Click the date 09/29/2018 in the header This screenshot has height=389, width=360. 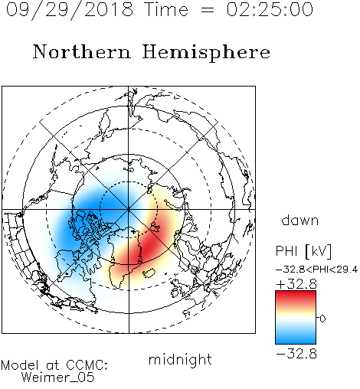tap(70, 10)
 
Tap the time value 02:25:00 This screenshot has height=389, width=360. tap(270, 9)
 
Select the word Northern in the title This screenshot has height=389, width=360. tap(82, 52)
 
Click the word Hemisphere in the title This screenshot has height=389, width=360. tap(206, 53)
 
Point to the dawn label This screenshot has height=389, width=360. tap(300, 221)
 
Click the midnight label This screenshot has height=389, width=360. tap(180, 360)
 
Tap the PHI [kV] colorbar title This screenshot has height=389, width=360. tap(304, 251)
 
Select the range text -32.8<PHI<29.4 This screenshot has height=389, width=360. tap(316, 270)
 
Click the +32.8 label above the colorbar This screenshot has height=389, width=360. tap(296, 284)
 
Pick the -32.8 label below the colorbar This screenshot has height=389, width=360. tap(296, 354)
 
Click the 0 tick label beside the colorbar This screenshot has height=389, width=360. tap(322, 319)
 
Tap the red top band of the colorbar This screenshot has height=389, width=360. tap(296, 296)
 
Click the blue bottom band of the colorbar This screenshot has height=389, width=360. tap(296, 338)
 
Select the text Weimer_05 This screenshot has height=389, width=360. tap(58, 378)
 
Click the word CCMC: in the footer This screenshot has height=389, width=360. tap(87, 365)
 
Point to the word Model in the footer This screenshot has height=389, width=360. tap(20, 365)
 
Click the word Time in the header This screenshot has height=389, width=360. tap(166, 10)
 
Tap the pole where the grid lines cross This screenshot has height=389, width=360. tap(129, 209)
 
